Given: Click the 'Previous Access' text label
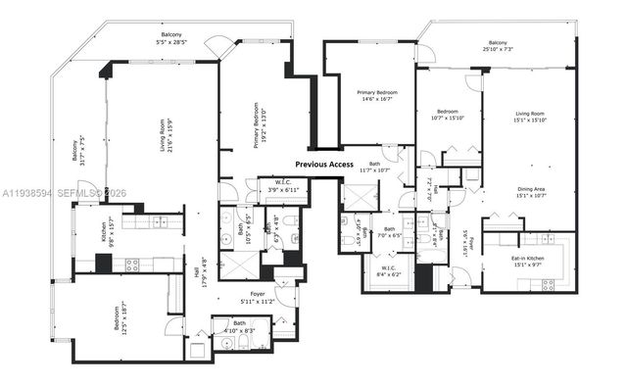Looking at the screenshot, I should (x=324, y=165).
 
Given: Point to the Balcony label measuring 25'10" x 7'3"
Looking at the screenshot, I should (x=497, y=46).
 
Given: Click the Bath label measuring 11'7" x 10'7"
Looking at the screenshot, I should (x=374, y=168).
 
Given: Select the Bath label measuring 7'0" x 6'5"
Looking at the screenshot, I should (x=389, y=233).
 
